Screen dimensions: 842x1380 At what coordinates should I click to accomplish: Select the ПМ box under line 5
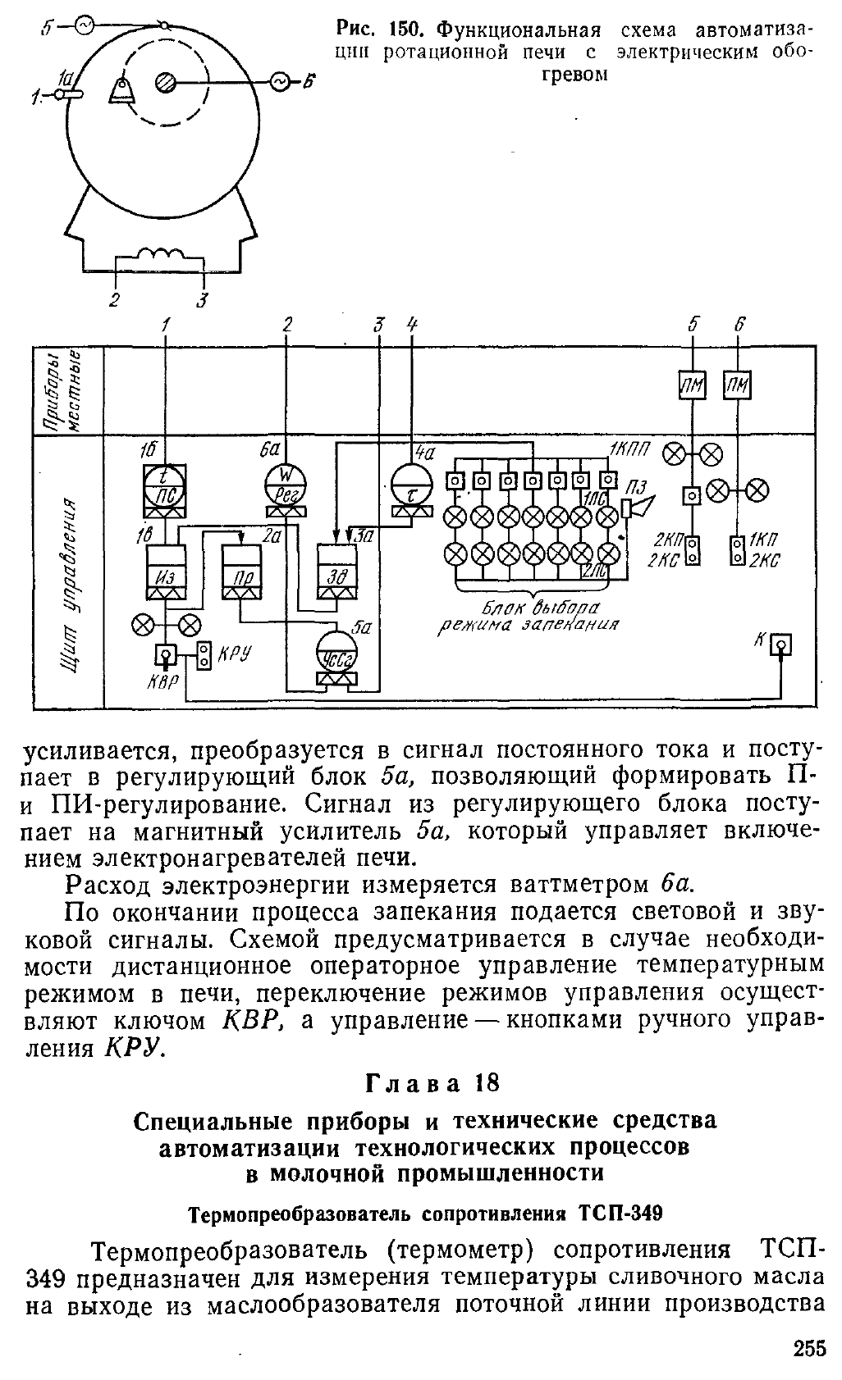(693, 385)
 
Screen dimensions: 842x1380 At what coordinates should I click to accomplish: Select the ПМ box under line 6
(737, 385)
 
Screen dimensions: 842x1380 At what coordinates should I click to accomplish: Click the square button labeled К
(781, 645)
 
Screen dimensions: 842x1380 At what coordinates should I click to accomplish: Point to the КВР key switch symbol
(165, 655)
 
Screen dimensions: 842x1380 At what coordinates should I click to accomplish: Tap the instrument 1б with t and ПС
(165, 485)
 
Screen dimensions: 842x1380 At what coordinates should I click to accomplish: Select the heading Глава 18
(432, 1082)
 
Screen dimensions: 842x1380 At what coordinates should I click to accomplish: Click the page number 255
(809, 1361)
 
